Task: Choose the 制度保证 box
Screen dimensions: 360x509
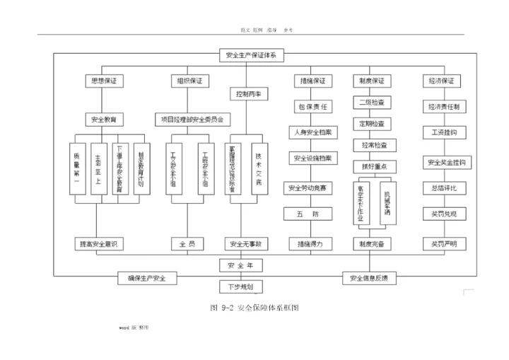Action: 372,81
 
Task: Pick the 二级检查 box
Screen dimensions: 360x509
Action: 372,103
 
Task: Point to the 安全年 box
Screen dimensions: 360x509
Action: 245,265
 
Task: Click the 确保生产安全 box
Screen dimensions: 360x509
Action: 147,278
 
